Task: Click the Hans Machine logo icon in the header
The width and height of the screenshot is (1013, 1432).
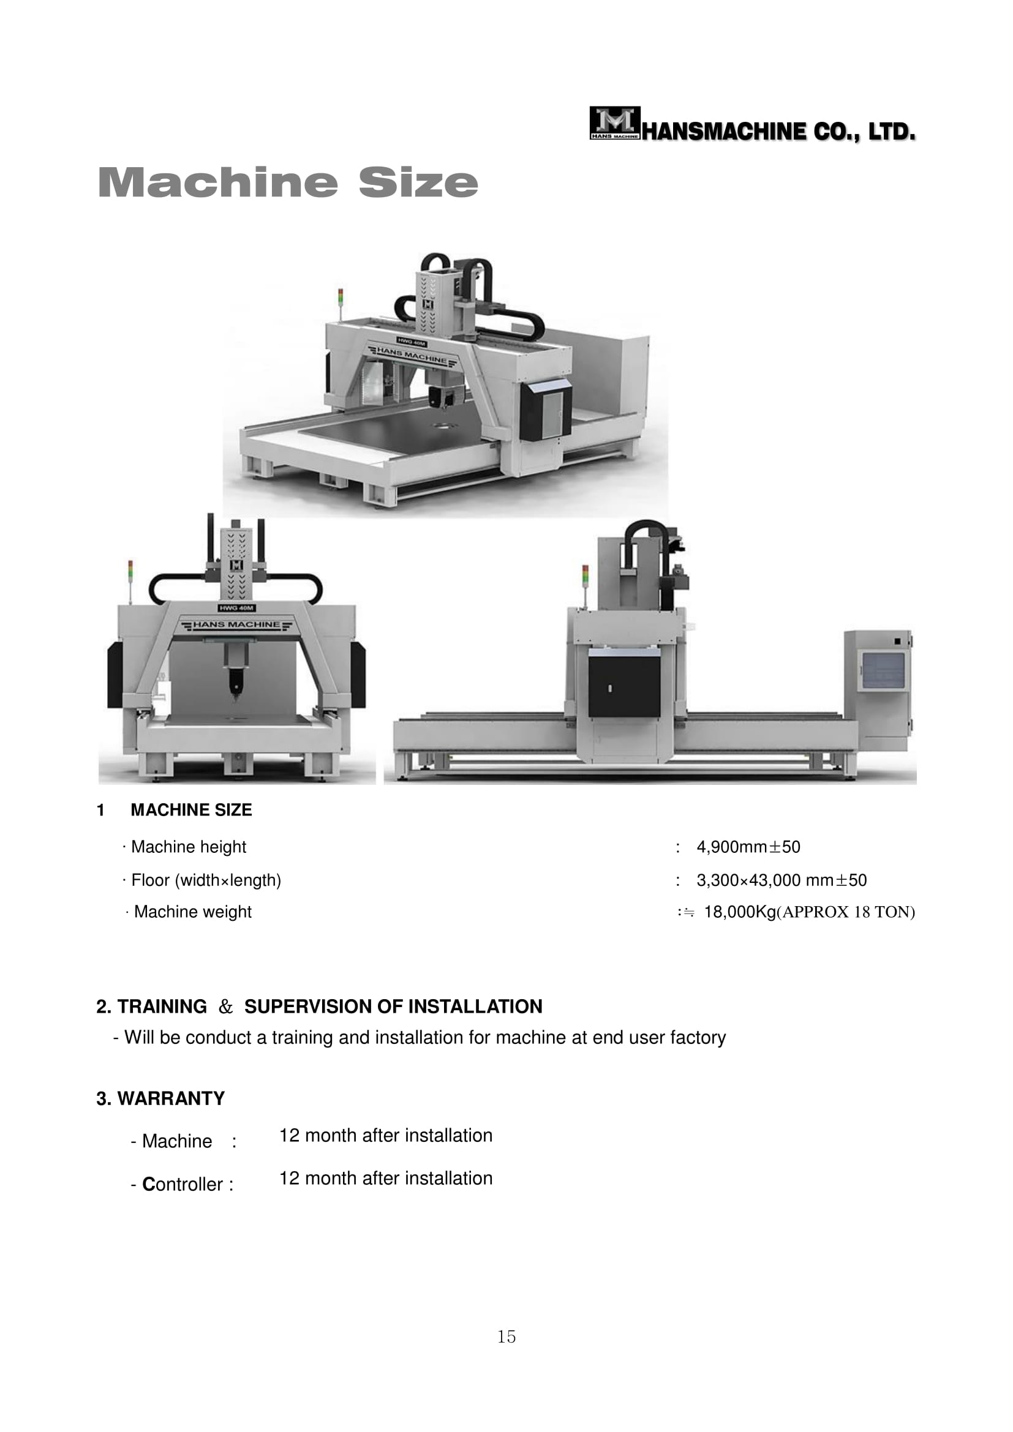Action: pos(615,123)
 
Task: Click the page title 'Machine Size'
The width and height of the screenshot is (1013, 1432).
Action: pos(288,182)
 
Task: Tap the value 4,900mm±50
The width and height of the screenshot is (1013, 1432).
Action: pos(748,847)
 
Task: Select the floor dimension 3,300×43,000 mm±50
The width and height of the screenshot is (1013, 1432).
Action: pos(781,880)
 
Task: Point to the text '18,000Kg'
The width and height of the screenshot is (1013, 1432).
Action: pos(740,912)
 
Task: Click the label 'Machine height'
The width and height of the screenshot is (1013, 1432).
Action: pos(189,847)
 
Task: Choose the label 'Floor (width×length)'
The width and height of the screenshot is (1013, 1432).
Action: pos(206,880)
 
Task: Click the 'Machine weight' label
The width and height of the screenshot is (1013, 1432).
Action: pos(193,912)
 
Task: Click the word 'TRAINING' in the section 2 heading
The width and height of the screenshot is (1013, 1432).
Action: pos(162,1007)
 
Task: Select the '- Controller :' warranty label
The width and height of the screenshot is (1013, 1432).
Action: pos(182,1185)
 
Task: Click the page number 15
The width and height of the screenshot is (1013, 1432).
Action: pos(506,1336)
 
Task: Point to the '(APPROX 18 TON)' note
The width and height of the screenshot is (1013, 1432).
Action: pos(846,912)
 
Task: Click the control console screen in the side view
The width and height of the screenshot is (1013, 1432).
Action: pos(882,670)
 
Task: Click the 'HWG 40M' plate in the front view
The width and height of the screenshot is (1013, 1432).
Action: pos(237,607)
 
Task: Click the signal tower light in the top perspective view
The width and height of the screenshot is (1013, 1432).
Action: pos(341,299)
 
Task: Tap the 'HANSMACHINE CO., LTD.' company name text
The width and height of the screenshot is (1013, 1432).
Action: pos(779,132)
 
